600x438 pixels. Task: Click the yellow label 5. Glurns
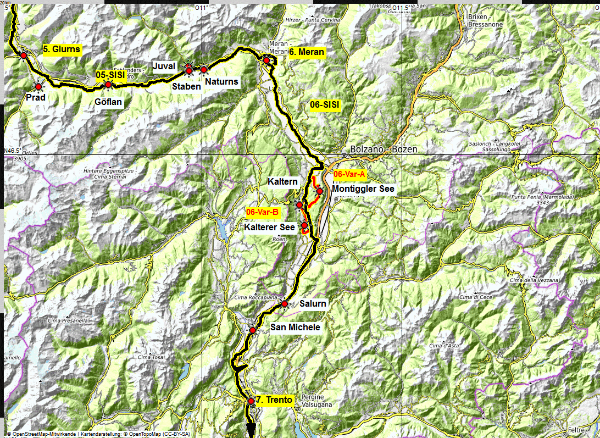[62, 49]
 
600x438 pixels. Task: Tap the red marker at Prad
[38, 86]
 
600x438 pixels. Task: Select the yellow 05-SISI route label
[110, 74]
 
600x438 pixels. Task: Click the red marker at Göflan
[108, 85]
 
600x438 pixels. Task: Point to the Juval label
[164, 66]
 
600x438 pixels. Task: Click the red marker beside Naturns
[203, 70]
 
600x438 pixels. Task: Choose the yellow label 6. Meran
[307, 52]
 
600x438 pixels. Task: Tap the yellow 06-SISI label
[325, 104]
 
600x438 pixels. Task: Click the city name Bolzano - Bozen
[384, 149]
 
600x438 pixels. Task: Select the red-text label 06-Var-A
[349, 174]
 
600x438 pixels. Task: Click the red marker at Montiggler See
[319, 191]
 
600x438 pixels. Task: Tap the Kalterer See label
[270, 227]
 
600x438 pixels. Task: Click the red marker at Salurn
[285, 304]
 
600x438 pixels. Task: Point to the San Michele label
[295, 328]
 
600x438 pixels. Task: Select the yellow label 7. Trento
[274, 400]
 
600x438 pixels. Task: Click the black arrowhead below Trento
[250, 429]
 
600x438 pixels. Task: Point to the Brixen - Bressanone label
[485, 21]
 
